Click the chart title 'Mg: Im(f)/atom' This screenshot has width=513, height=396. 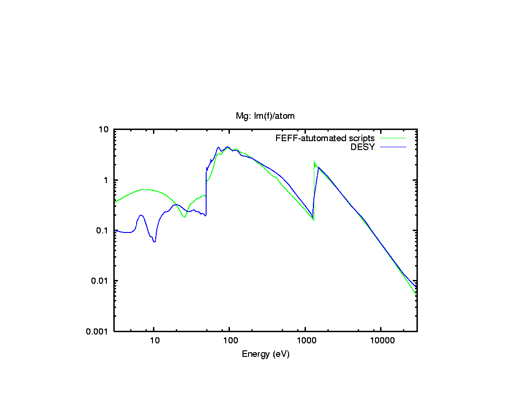click(265, 116)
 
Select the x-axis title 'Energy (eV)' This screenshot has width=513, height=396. click(265, 354)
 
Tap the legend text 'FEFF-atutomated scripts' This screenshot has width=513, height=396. click(325, 138)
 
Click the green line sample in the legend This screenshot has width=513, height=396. click(393, 138)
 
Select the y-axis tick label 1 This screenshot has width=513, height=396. click(107, 180)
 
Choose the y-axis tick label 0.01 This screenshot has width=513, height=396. click(102, 280)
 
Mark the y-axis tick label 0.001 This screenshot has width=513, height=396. click(100, 331)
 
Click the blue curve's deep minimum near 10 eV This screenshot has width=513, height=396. click(154, 241)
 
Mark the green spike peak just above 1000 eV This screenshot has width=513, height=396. click(314, 161)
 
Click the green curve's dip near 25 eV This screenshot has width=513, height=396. click(185, 217)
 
